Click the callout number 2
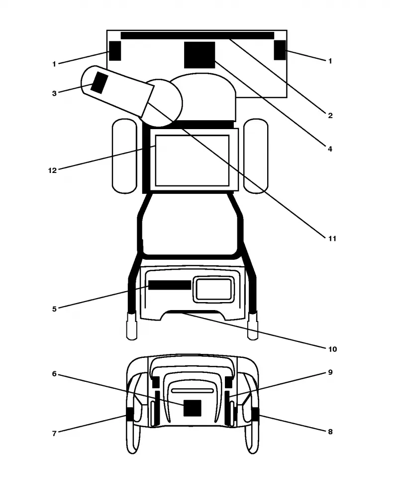(x=330, y=116)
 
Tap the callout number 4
(x=330, y=149)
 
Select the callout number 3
(x=54, y=93)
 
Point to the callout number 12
(x=52, y=170)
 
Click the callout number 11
(x=332, y=239)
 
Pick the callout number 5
(x=54, y=309)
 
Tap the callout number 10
(x=332, y=349)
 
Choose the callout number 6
(x=54, y=374)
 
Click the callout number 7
(x=54, y=433)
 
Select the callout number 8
(x=330, y=432)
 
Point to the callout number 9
(x=330, y=372)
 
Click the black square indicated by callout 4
(x=199, y=55)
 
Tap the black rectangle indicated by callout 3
(x=99, y=83)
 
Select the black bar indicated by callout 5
(x=170, y=285)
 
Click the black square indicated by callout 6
(x=192, y=408)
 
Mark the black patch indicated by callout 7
(x=130, y=414)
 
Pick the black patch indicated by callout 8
(x=256, y=414)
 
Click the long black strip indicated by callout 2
(x=198, y=35)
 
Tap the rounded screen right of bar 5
(x=214, y=289)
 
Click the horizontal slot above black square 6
(x=192, y=391)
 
